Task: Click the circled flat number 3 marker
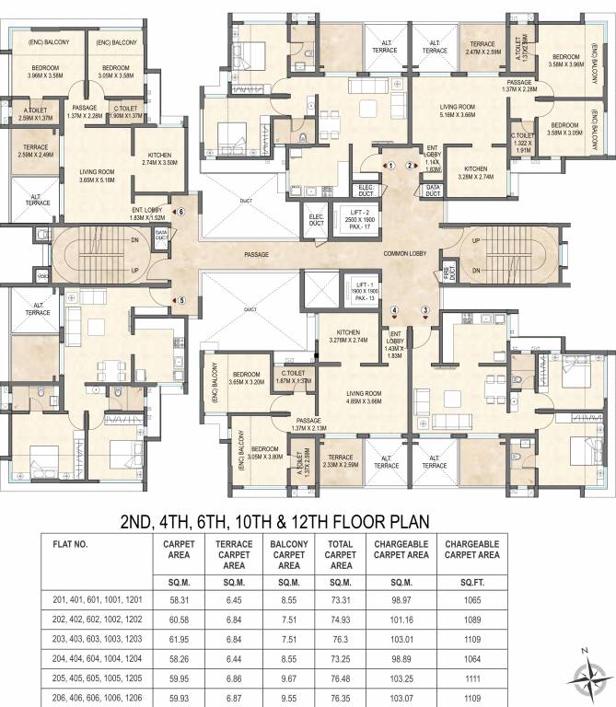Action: pyautogui.click(x=425, y=311)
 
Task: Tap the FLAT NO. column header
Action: pyautogui.click(x=71, y=543)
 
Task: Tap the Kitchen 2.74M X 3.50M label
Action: pyautogui.click(x=159, y=158)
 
